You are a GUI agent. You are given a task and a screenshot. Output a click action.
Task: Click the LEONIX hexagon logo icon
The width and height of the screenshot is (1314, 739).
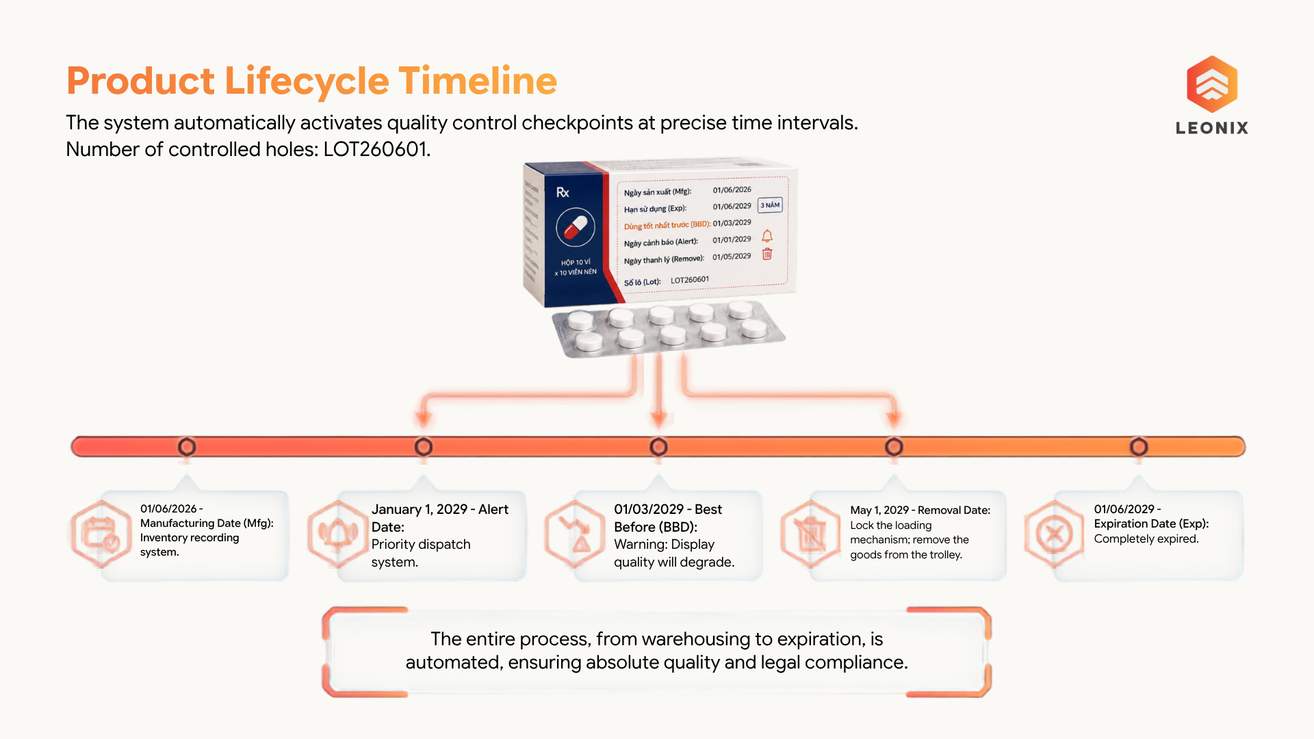(x=1212, y=84)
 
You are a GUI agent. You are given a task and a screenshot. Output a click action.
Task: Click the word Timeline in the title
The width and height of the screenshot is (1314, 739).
(x=478, y=81)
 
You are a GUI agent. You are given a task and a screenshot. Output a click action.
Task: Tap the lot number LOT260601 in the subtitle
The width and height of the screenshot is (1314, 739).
(x=375, y=149)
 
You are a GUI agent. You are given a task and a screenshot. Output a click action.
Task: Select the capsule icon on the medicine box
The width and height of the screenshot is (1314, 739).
(x=576, y=227)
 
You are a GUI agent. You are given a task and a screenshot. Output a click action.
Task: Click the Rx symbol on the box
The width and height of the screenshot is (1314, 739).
(x=563, y=192)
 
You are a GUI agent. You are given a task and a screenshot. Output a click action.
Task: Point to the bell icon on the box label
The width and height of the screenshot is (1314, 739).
(x=767, y=236)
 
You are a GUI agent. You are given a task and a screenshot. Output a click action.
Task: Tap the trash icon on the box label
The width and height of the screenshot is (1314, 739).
(x=767, y=254)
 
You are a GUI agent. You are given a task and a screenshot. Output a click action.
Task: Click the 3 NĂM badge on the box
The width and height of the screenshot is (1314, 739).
(x=770, y=205)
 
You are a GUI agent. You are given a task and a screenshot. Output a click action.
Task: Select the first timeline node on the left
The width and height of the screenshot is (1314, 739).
(x=187, y=447)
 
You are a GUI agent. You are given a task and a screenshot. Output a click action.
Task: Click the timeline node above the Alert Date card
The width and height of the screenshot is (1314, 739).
(x=424, y=447)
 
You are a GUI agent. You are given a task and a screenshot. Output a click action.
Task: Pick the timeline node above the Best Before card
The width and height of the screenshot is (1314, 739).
(x=658, y=447)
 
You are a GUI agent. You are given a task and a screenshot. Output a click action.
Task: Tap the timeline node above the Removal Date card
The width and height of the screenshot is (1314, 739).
(x=894, y=447)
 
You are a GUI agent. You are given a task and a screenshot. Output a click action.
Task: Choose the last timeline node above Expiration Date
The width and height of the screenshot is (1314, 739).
(x=1139, y=447)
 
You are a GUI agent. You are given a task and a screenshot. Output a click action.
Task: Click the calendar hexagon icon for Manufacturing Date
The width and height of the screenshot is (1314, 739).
(x=101, y=534)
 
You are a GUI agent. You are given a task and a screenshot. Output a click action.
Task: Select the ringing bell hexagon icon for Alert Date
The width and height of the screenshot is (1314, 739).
(x=337, y=534)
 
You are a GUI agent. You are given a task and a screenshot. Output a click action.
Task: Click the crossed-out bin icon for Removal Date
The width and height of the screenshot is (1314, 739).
(x=810, y=534)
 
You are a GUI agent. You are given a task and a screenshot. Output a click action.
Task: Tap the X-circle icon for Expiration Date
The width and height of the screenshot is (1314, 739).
(x=1054, y=534)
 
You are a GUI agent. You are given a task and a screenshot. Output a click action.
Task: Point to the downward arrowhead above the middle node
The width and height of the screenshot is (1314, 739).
(x=658, y=418)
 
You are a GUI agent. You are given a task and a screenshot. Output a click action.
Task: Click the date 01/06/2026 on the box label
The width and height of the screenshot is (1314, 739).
(x=732, y=190)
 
